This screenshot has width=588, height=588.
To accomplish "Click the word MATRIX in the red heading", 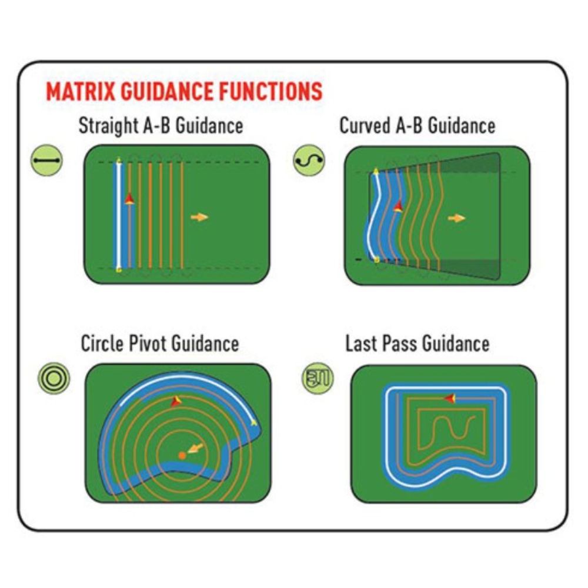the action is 81,91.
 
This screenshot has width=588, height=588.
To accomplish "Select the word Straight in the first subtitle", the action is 108,126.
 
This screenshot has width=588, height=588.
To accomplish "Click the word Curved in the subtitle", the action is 365,126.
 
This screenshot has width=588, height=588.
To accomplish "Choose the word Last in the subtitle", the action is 361,343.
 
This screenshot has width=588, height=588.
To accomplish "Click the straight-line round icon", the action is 46,161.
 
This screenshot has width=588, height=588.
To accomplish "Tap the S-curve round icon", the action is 309,161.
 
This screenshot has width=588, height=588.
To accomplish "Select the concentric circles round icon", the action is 54,378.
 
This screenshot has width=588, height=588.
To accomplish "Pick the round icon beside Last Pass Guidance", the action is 318,378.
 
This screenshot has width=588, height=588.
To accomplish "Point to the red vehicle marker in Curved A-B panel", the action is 398,206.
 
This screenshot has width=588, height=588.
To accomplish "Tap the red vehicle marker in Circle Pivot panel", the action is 176,401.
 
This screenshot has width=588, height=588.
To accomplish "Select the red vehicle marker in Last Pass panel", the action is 450,398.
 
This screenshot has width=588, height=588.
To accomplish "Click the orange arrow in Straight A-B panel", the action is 199,217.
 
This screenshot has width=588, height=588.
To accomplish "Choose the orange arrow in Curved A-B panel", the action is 457,218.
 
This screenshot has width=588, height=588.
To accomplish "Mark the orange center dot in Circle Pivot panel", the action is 182,456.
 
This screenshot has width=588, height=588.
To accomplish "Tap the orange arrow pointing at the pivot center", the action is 195,449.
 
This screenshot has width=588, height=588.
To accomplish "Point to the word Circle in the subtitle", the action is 103,343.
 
